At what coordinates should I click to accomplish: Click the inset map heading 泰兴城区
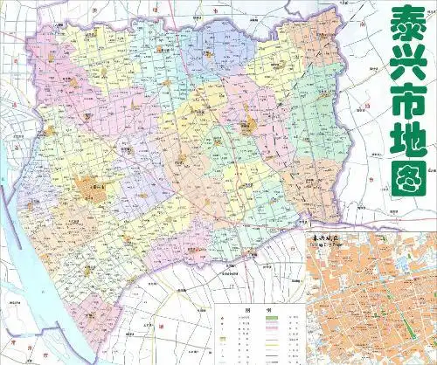[324, 238]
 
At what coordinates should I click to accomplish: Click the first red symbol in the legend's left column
[223, 318]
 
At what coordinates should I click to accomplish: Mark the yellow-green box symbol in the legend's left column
[223, 336]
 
